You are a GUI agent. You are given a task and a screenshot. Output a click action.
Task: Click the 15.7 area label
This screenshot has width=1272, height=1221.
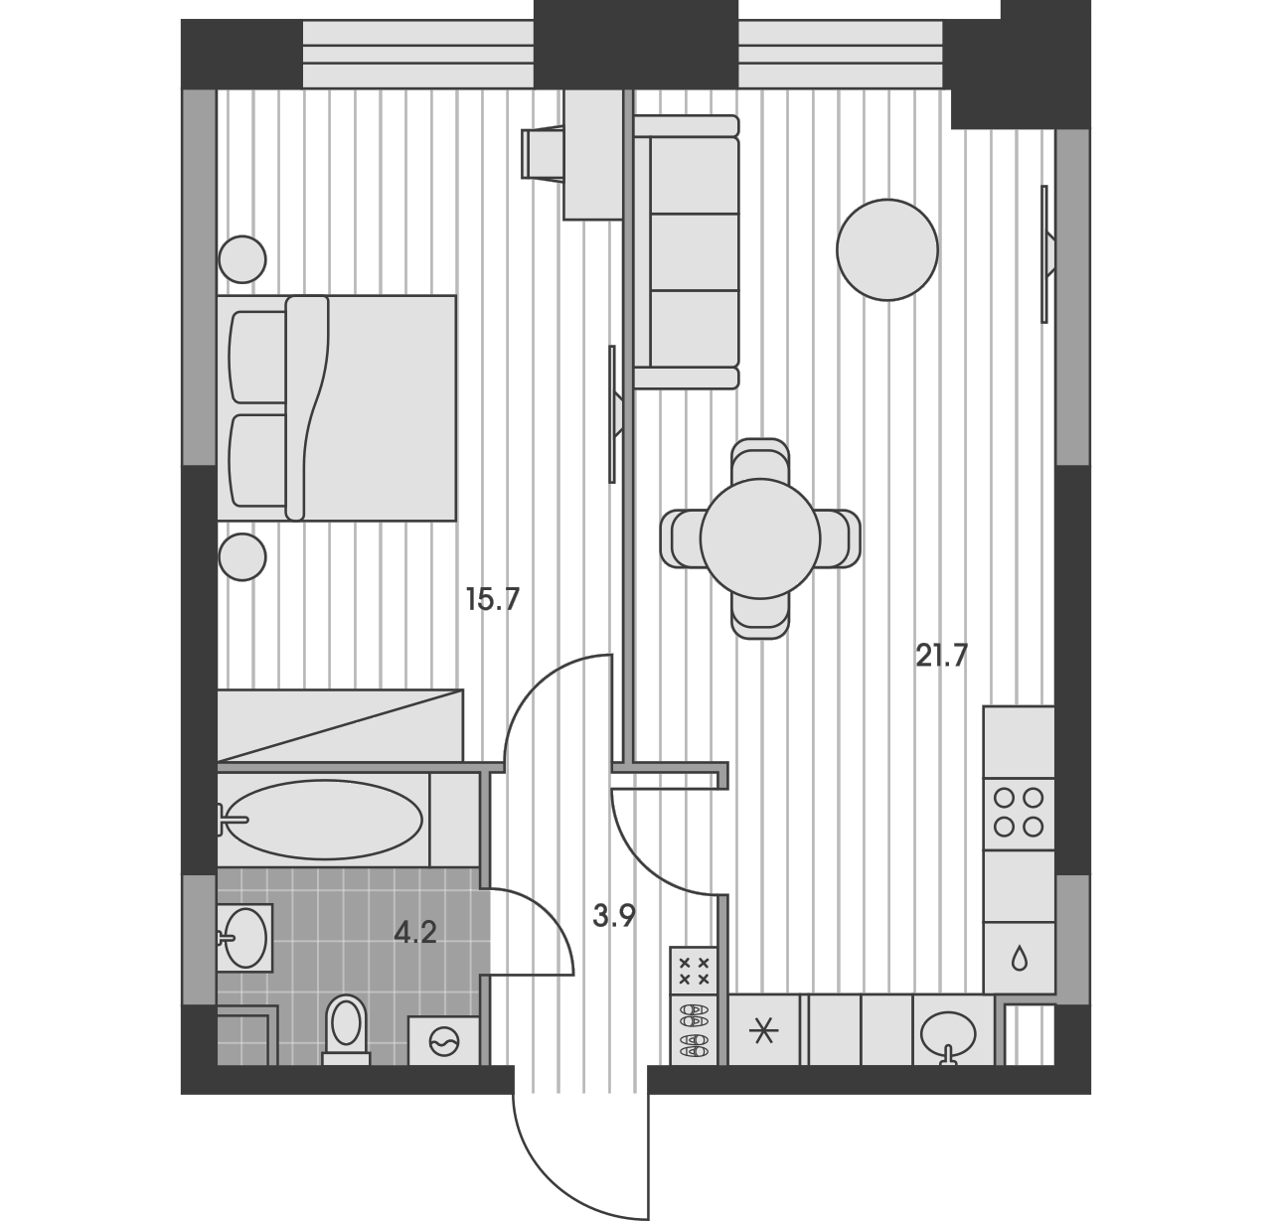tap(492, 599)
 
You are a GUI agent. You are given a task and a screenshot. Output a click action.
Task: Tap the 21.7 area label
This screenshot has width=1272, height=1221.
tap(941, 656)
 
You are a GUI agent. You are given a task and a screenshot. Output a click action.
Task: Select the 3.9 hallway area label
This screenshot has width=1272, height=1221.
tap(614, 916)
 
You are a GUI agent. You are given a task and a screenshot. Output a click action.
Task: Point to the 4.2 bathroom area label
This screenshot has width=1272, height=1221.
tap(415, 933)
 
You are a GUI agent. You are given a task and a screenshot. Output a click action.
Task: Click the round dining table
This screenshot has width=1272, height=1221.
tap(760, 538)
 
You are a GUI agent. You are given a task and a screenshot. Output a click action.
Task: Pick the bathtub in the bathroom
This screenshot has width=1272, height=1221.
tap(324, 820)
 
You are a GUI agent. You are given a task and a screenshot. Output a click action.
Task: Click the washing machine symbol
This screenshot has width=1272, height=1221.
tap(444, 1041)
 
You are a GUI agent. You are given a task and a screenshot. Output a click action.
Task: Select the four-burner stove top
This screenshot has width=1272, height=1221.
tap(1019, 814)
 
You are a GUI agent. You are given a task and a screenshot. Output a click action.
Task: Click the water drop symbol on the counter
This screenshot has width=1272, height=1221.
tap(1019, 960)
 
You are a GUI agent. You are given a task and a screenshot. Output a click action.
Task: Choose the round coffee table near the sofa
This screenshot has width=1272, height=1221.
tap(887, 249)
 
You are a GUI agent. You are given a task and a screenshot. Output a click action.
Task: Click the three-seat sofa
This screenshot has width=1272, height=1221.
tap(687, 251)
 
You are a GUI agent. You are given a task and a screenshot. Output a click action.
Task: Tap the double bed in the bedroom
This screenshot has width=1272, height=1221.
tap(337, 408)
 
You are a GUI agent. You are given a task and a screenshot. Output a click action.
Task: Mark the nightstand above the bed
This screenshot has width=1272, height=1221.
tap(242, 259)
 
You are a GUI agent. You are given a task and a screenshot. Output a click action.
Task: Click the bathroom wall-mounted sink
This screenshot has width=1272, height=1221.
tap(245, 938)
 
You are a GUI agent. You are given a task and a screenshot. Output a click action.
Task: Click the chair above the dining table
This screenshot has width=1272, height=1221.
tap(760, 459)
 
